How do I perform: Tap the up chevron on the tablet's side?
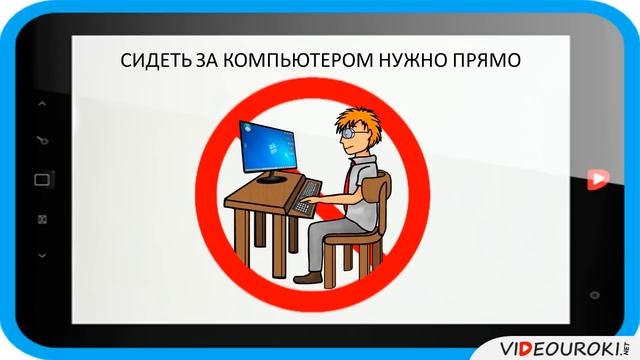[42, 103]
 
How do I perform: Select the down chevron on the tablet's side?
[42, 256]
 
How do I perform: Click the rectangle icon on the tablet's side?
[42, 179]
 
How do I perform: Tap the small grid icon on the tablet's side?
[42, 218]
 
